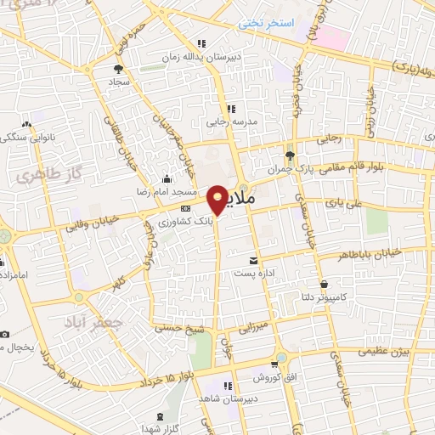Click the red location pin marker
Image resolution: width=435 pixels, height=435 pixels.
218,199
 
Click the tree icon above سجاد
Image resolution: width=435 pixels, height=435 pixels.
117,68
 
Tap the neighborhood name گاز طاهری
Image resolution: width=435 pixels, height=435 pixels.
43,174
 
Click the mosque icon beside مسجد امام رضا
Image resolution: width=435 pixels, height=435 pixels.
167,179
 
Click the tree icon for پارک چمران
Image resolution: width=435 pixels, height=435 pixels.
290,155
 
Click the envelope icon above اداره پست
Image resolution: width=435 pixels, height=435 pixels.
252,260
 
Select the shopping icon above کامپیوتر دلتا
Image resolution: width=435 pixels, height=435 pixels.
323,283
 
